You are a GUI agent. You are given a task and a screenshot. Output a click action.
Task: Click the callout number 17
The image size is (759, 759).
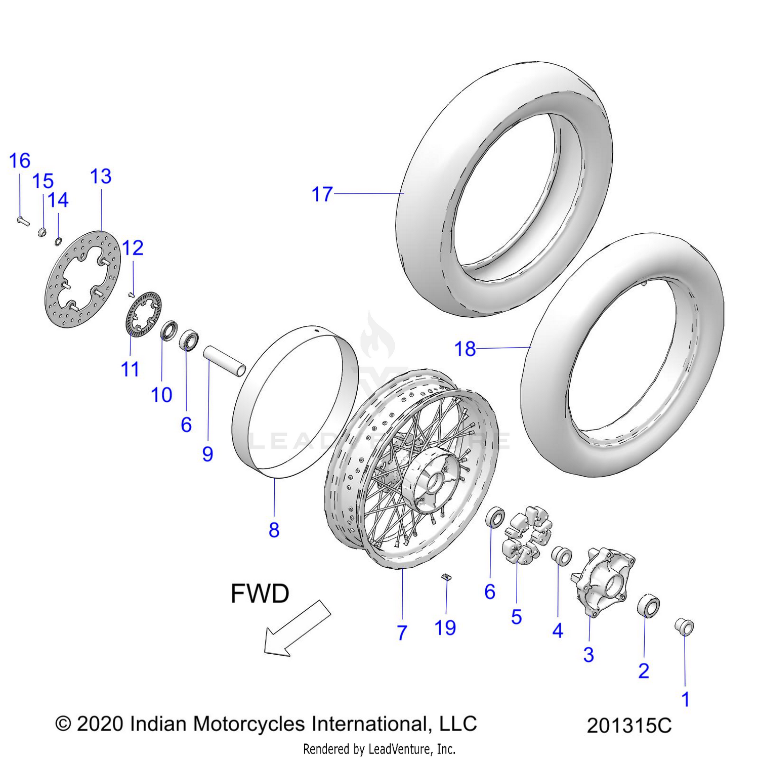pos(322,194)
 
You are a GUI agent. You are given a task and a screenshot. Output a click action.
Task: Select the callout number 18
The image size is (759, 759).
pos(465,349)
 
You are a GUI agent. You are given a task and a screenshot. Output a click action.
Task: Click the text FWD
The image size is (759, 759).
pos(260,594)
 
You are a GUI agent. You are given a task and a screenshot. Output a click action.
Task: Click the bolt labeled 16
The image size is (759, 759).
pos(23,221)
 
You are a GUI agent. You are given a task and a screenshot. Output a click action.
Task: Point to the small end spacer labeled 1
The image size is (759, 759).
pos(684,627)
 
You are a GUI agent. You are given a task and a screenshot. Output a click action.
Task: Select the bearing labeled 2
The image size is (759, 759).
pos(648,606)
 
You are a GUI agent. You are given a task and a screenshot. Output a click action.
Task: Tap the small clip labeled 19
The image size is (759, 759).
pos(446,577)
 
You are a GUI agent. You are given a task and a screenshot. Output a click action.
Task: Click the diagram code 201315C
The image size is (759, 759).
pos(629,726)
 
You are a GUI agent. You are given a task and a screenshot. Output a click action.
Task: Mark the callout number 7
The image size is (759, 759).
pos(402,632)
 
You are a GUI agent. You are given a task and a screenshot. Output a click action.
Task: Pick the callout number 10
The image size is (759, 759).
pos(161,395)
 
